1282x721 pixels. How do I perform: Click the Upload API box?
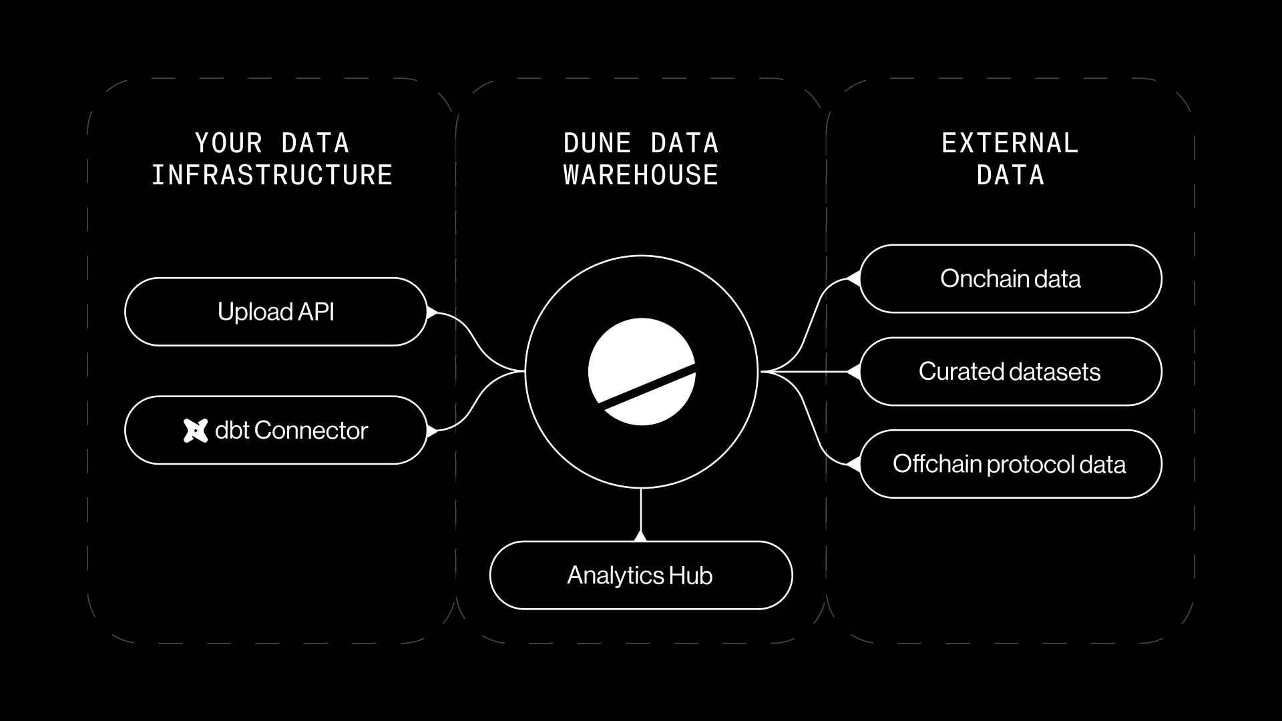(x=275, y=312)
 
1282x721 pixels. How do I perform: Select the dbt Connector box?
(x=275, y=431)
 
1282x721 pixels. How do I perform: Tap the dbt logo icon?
(x=195, y=431)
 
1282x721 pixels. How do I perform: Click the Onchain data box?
(x=1010, y=278)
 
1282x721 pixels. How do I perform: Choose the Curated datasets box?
(x=1010, y=371)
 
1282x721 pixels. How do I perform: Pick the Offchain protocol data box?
(x=1010, y=464)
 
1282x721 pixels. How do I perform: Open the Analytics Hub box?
(x=640, y=575)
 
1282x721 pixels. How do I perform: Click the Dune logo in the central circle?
(x=641, y=372)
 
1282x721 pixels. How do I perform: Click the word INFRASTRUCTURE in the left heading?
(x=272, y=175)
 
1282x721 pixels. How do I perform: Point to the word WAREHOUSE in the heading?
(x=640, y=175)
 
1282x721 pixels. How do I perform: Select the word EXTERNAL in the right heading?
(x=1010, y=143)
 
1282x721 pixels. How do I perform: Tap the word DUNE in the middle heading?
(x=597, y=143)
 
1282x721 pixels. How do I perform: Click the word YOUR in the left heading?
(x=228, y=143)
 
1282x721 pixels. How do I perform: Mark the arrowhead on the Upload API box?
(x=431, y=312)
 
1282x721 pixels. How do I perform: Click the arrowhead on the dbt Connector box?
(x=431, y=431)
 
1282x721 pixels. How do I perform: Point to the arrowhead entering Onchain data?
(x=853, y=278)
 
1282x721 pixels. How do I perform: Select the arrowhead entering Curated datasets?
(x=853, y=371)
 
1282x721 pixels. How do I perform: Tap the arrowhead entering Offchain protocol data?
(x=853, y=464)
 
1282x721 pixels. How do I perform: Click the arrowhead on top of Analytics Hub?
(x=640, y=535)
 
